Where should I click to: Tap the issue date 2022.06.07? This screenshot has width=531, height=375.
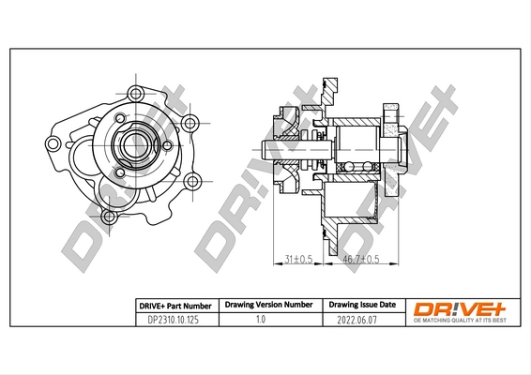[360, 320]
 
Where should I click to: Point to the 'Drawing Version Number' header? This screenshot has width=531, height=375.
[267, 306]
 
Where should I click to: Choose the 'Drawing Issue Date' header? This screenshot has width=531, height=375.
[361, 306]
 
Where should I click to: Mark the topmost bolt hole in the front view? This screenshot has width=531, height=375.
[136, 92]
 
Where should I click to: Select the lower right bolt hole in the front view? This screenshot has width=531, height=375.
[191, 181]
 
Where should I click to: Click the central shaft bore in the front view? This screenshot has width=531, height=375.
[130, 145]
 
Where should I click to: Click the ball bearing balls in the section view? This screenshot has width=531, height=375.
[357, 167]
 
